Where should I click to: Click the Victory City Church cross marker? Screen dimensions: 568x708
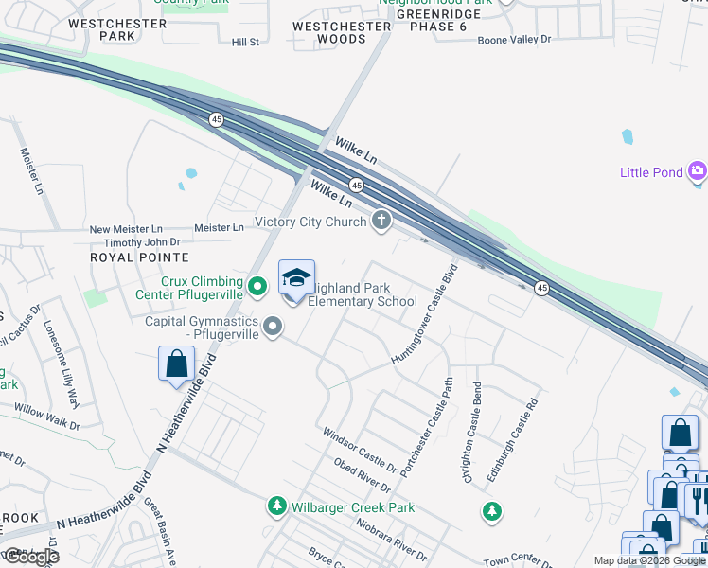(381, 222)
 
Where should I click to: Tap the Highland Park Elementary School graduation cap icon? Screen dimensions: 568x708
(296, 277)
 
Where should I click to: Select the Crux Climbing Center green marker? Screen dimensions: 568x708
(257, 283)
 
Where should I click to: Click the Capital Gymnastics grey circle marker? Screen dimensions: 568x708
(274, 328)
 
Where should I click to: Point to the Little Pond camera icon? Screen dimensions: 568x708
(699, 171)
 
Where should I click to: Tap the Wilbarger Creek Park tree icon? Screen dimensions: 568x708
(277, 507)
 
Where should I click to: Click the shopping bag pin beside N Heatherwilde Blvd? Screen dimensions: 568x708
(176, 364)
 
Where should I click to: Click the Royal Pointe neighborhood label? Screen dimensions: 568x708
(139, 257)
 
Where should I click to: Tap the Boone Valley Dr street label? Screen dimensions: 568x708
(514, 39)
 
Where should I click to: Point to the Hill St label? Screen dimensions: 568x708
(245, 42)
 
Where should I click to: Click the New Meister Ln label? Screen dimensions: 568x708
(126, 229)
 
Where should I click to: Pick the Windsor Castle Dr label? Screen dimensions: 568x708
(359, 450)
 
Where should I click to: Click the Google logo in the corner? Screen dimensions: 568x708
(30, 557)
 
